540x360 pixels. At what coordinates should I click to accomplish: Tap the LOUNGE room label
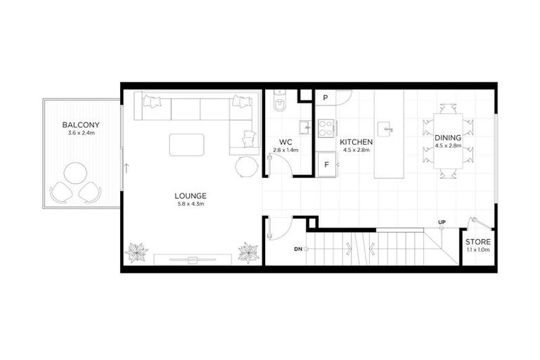(191, 195)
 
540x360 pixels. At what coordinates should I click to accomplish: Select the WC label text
(285, 141)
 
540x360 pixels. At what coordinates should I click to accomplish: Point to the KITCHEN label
(357, 141)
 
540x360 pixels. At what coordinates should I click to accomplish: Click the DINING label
(447, 137)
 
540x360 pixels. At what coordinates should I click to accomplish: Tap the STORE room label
(479, 242)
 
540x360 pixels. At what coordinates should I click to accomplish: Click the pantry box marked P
(326, 98)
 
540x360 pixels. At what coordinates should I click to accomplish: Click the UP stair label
(442, 223)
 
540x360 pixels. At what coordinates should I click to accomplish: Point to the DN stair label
(298, 249)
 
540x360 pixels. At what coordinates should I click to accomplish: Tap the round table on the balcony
(75, 173)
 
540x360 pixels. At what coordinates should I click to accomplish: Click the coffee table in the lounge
(187, 145)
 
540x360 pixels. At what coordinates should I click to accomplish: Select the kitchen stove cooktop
(326, 128)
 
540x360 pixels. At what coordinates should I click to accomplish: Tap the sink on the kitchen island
(384, 129)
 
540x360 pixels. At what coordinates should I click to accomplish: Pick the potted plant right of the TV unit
(247, 252)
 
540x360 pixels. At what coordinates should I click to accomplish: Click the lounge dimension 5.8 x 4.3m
(191, 204)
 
